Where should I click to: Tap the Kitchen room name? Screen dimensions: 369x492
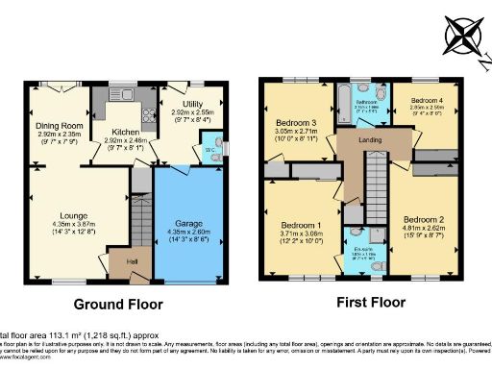pos(125,131)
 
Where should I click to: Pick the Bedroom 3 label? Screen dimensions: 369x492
pos(296,123)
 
